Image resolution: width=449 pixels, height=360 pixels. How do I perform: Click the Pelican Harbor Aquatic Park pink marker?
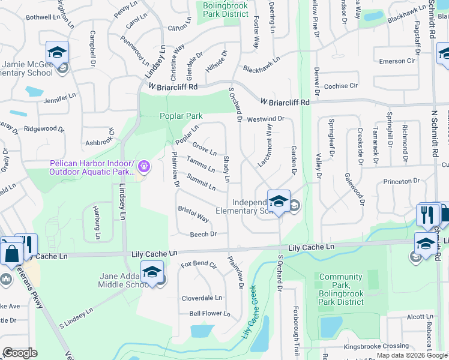pos(143,166)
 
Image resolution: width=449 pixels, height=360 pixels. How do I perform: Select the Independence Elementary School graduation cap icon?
pos(279,201)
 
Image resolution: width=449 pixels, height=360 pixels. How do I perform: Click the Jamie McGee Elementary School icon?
pos(57,52)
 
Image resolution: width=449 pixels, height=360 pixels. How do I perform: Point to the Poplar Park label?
pos(181,116)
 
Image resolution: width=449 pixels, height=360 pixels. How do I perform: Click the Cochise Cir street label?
pos(340,86)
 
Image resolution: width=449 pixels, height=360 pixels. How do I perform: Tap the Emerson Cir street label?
pos(397,61)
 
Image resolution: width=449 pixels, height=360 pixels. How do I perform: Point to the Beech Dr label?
pos(202,234)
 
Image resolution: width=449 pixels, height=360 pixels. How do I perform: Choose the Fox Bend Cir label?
pos(199,264)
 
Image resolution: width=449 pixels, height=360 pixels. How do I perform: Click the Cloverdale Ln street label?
pos(202,298)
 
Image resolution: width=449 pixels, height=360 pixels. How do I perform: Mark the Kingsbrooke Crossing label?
pos(376,347)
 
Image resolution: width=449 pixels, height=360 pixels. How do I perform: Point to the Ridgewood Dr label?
pos(43,128)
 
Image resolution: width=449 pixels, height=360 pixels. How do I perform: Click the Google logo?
pos(20,353)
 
